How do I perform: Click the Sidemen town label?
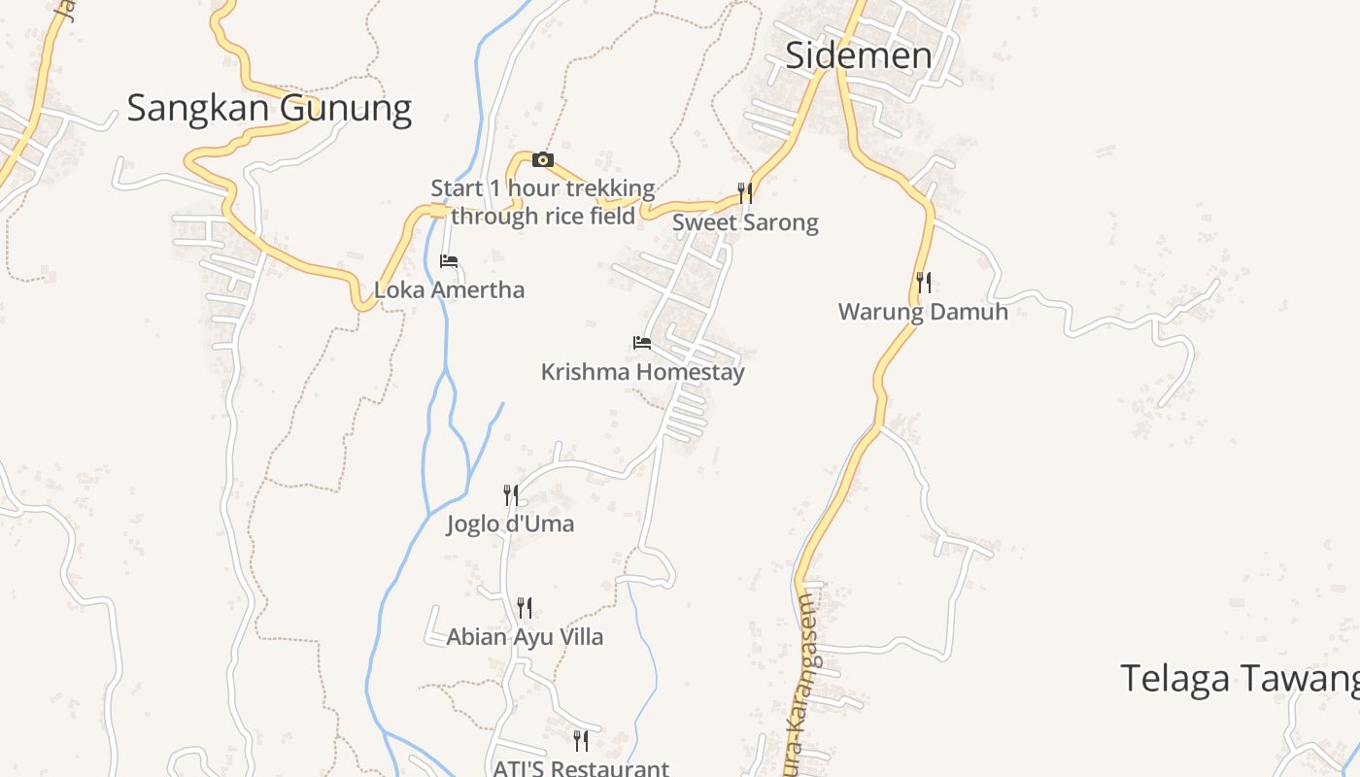(x=858, y=55)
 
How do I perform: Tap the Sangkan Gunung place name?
(x=269, y=108)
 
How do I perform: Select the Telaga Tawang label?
(x=1240, y=678)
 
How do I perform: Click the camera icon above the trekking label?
(x=543, y=160)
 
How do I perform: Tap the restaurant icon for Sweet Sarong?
(x=745, y=192)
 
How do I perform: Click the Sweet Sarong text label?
(x=745, y=222)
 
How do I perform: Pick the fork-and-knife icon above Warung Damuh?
(x=924, y=283)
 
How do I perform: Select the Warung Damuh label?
(x=923, y=312)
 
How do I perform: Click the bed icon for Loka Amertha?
(x=449, y=261)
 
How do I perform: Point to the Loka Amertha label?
(x=449, y=289)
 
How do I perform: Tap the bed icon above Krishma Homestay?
(x=642, y=343)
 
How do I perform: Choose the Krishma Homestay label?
(x=642, y=372)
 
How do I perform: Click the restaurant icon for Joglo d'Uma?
(x=511, y=495)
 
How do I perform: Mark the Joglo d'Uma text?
(x=510, y=524)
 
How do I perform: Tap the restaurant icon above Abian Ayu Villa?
(x=525, y=608)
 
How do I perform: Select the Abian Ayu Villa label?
(x=525, y=637)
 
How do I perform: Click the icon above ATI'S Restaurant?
(x=581, y=741)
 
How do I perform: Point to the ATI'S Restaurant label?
(x=581, y=768)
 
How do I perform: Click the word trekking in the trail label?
(x=607, y=187)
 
